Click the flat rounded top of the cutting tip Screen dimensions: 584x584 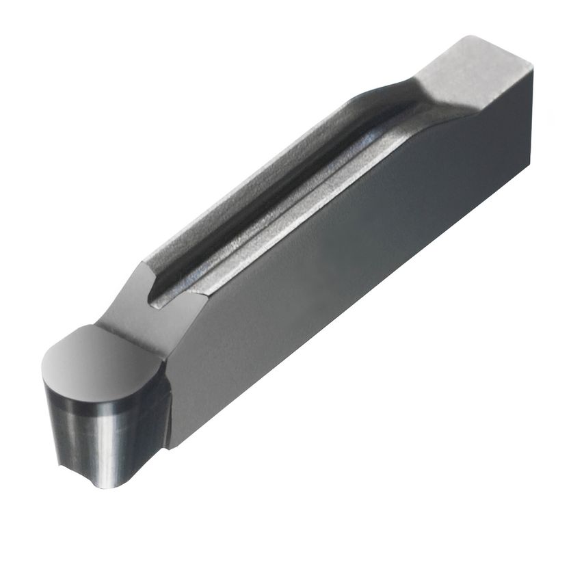coord(96,356)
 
